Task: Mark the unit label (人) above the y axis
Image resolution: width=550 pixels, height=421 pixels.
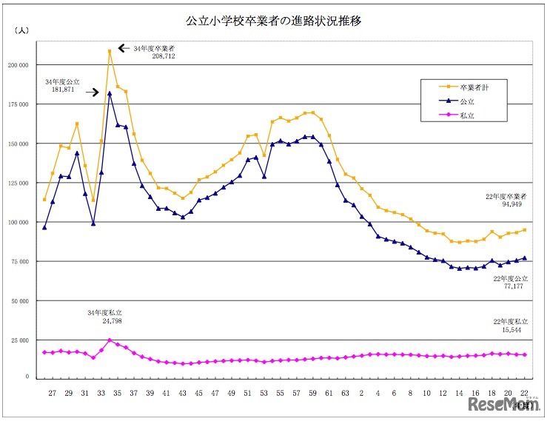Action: [x=23, y=31]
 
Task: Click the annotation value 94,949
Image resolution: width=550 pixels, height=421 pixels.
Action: [x=510, y=205]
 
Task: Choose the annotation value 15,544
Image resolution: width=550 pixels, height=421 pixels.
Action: [x=510, y=329]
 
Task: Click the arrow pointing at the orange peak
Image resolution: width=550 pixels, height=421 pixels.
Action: [x=124, y=48]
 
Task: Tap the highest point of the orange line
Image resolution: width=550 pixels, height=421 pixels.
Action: [x=110, y=51]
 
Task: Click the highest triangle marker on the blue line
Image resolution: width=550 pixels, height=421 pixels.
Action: [x=110, y=93]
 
